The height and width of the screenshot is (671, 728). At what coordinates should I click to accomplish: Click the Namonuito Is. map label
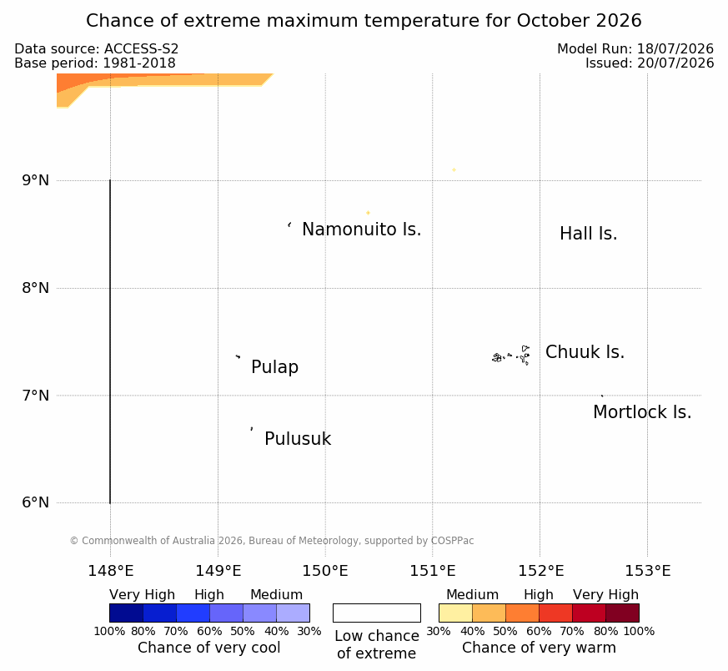click(362, 230)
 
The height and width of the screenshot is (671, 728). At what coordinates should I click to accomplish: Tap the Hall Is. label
click(588, 234)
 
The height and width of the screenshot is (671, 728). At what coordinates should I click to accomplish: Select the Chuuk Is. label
click(585, 352)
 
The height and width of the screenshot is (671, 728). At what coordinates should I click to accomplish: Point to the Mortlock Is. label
click(642, 412)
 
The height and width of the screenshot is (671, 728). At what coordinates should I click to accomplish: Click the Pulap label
click(275, 367)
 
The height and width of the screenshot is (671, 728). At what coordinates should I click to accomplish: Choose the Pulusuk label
click(298, 439)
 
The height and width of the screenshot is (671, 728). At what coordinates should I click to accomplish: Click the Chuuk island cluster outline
click(511, 356)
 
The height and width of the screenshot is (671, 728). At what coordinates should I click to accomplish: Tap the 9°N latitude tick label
click(35, 180)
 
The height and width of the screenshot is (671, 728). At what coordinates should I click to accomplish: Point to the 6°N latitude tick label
click(35, 502)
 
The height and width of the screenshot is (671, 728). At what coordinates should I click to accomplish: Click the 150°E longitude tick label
click(325, 571)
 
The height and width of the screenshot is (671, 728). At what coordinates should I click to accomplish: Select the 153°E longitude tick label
click(647, 571)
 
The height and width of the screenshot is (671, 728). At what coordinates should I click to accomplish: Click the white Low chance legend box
click(377, 613)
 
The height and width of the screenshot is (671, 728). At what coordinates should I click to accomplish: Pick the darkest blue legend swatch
click(126, 613)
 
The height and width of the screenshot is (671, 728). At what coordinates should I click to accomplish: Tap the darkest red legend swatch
click(622, 613)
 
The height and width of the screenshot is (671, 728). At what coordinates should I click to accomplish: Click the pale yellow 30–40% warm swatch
click(455, 613)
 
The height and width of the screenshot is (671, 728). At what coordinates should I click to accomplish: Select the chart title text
click(364, 21)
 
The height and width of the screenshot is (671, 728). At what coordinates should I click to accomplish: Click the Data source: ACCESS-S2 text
click(96, 48)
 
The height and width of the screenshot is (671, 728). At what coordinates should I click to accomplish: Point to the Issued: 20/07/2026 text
click(649, 63)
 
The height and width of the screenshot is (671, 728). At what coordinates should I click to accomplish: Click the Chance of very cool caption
click(209, 648)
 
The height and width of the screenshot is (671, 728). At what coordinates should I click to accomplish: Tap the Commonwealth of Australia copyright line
click(272, 541)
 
